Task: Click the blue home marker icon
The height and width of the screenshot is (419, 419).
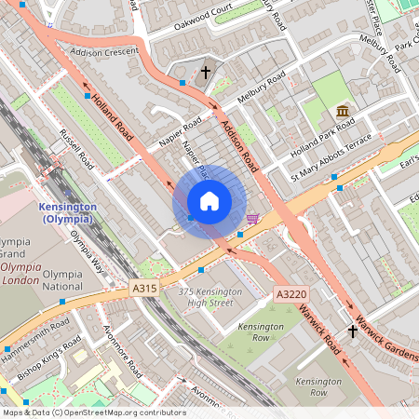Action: (209, 201)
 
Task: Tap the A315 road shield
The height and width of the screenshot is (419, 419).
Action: (144, 290)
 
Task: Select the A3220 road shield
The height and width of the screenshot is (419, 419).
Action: (290, 294)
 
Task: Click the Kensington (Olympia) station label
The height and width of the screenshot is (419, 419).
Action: (67, 212)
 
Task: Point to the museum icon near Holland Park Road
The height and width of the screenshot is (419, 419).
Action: (343, 113)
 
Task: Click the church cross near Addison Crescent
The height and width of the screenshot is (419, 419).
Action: (206, 72)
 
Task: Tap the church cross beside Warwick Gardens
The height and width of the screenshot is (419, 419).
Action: (353, 331)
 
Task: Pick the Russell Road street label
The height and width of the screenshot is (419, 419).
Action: (77, 148)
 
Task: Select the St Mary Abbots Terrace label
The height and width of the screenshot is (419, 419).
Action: (331, 155)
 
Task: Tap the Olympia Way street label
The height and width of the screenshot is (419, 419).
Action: (87, 247)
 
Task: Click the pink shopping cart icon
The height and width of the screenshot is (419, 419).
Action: (252, 220)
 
